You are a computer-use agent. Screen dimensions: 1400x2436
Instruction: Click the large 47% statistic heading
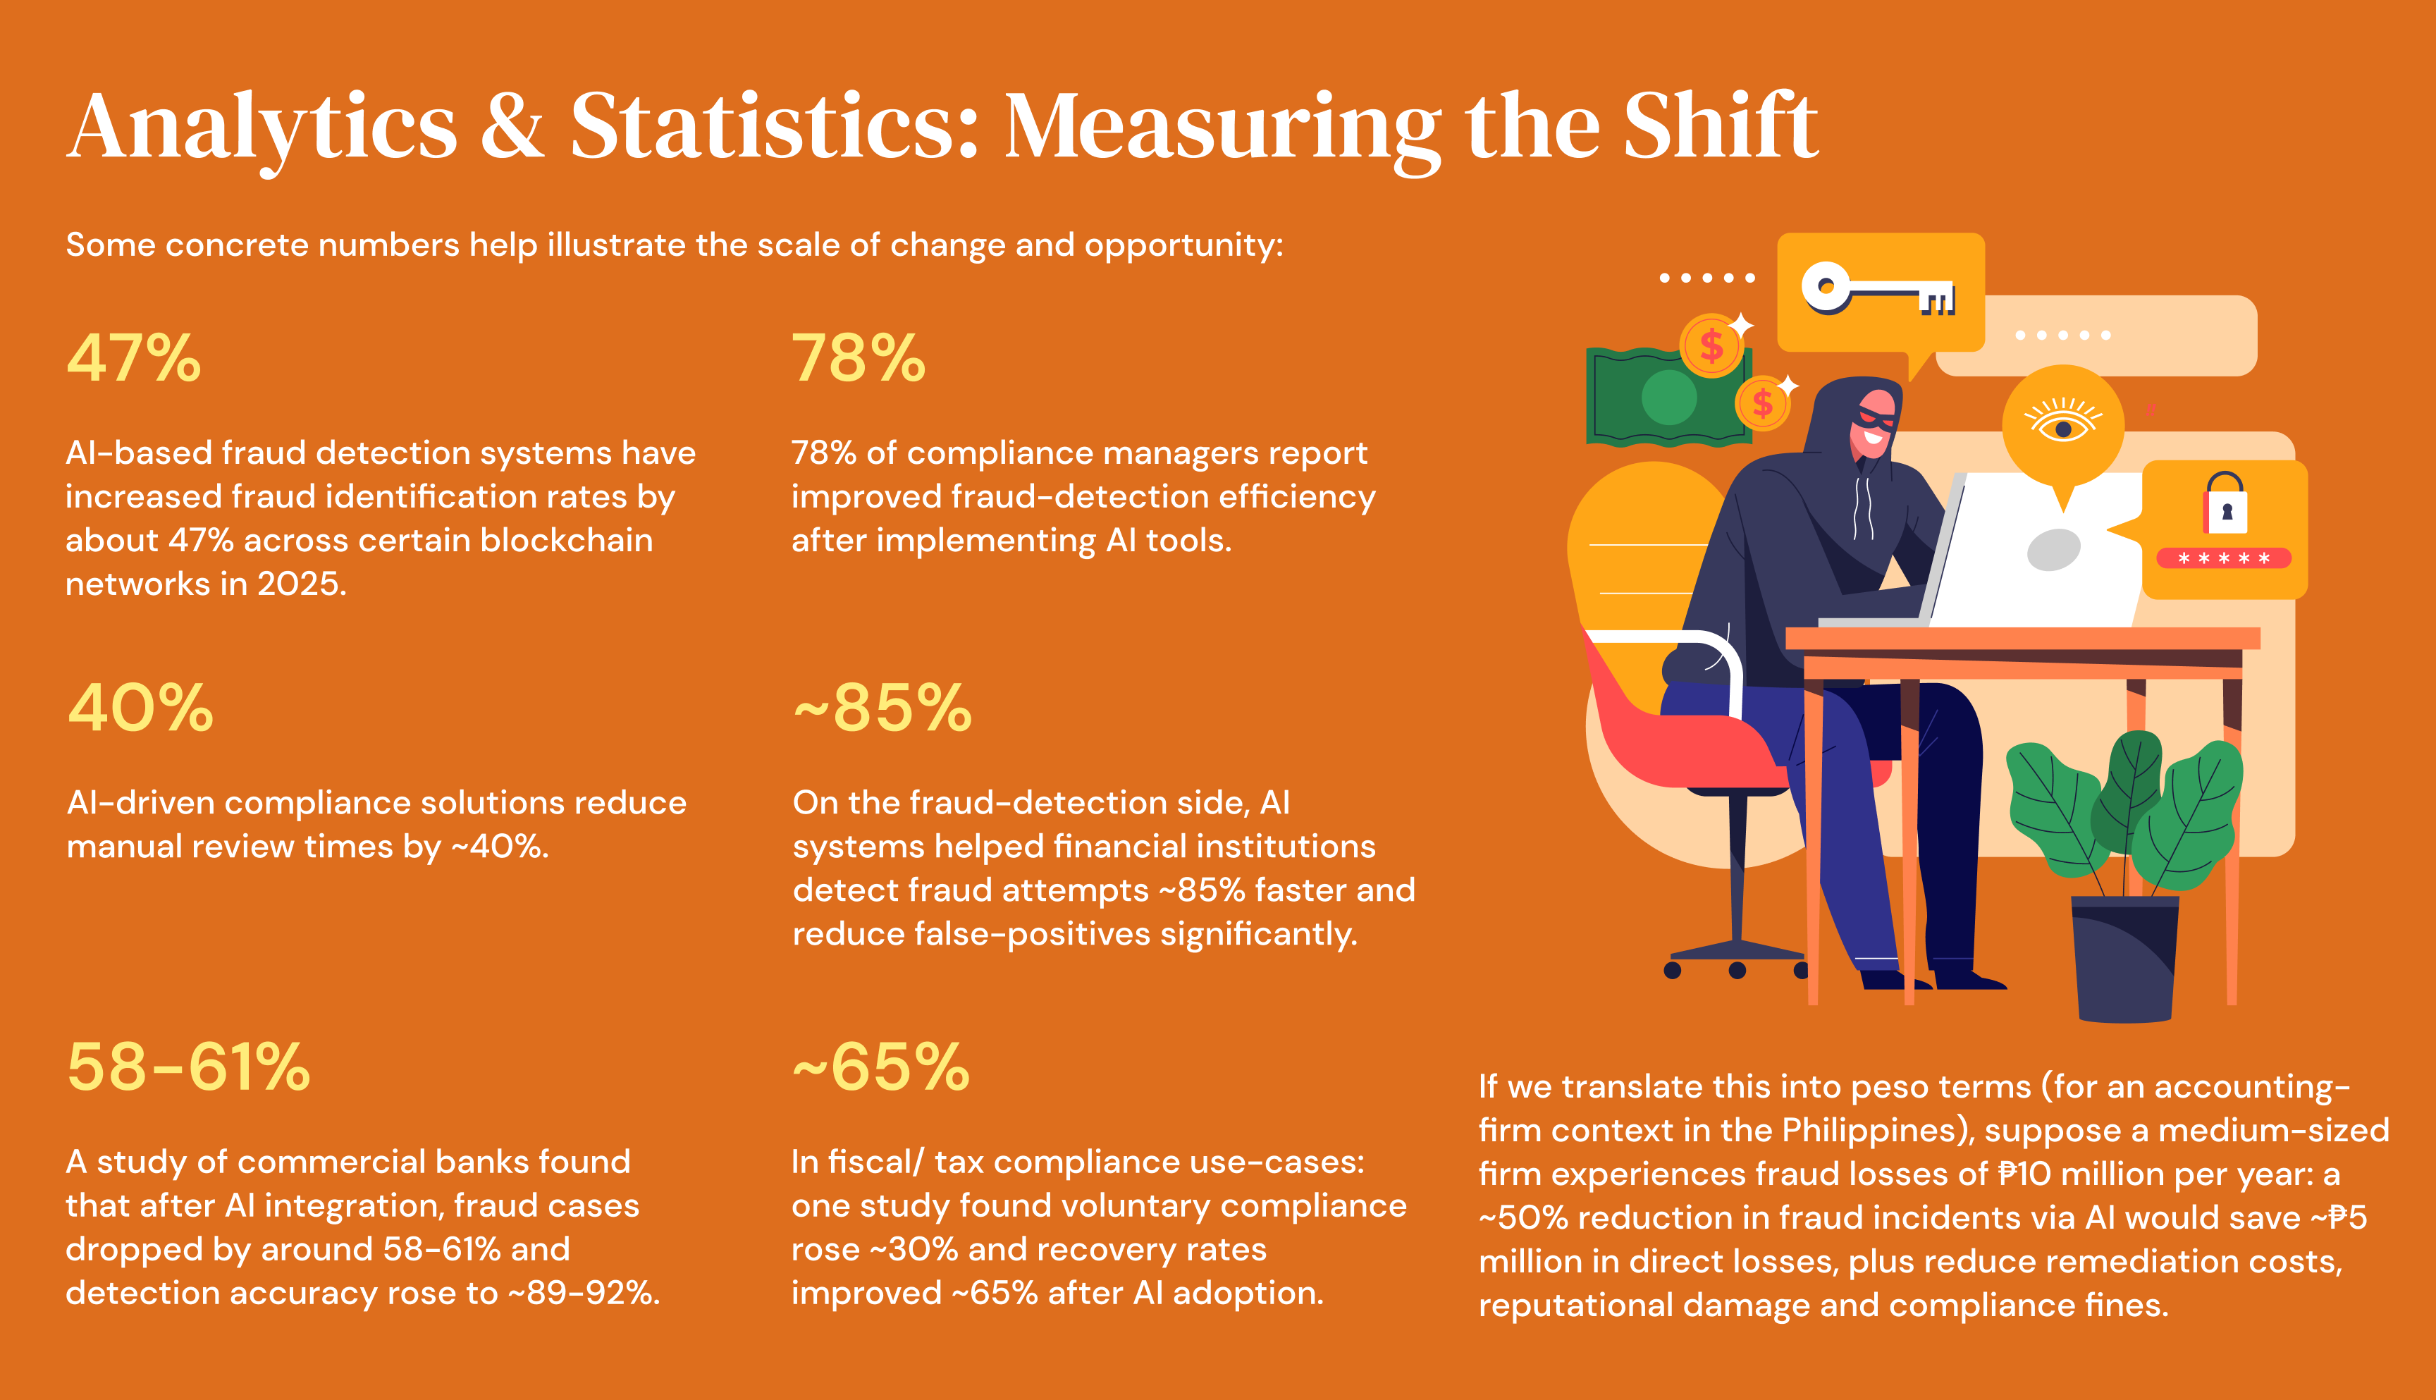[x=134, y=359]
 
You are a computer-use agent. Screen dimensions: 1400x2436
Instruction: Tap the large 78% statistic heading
[x=859, y=359]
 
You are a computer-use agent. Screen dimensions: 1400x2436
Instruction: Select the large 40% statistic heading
[x=140, y=708]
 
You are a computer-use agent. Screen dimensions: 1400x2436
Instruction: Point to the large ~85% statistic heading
[x=882, y=708]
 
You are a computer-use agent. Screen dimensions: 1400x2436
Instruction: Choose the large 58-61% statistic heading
[x=188, y=1067]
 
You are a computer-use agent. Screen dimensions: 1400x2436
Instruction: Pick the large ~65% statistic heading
[x=880, y=1067]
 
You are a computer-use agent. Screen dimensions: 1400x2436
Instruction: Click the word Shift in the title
[x=1721, y=126]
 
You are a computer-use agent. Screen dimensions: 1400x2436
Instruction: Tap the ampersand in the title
[x=512, y=126]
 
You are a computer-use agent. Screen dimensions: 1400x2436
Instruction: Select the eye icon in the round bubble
[x=2062, y=421]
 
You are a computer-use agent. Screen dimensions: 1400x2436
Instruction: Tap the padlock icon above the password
[x=2227, y=504]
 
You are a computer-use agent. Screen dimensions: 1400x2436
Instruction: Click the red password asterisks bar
[x=2224, y=558]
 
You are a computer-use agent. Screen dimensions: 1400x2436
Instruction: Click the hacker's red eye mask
[x=1876, y=417]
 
